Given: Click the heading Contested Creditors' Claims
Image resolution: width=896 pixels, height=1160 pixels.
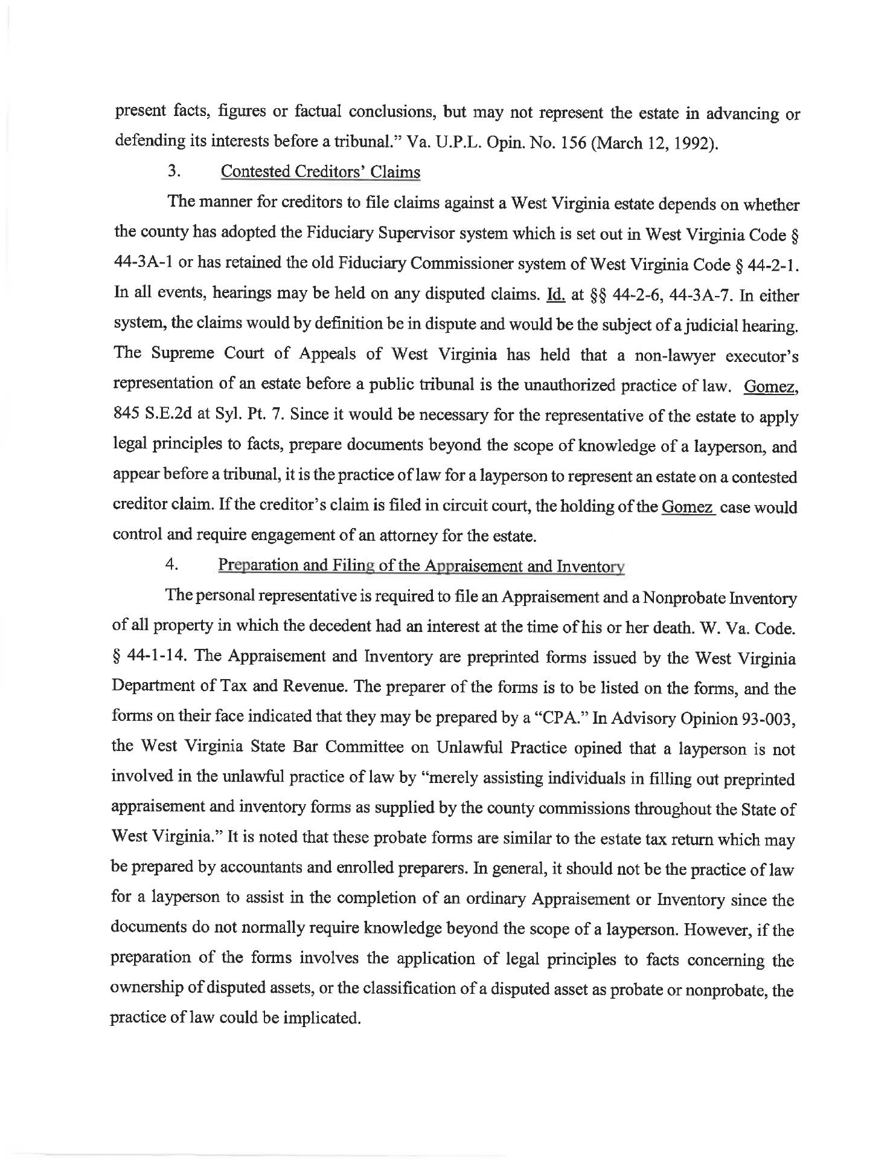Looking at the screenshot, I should (320, 172).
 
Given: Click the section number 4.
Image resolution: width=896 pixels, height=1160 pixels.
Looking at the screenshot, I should (172, 565).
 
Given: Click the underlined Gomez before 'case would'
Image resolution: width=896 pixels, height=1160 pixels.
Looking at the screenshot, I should (687, 507).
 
